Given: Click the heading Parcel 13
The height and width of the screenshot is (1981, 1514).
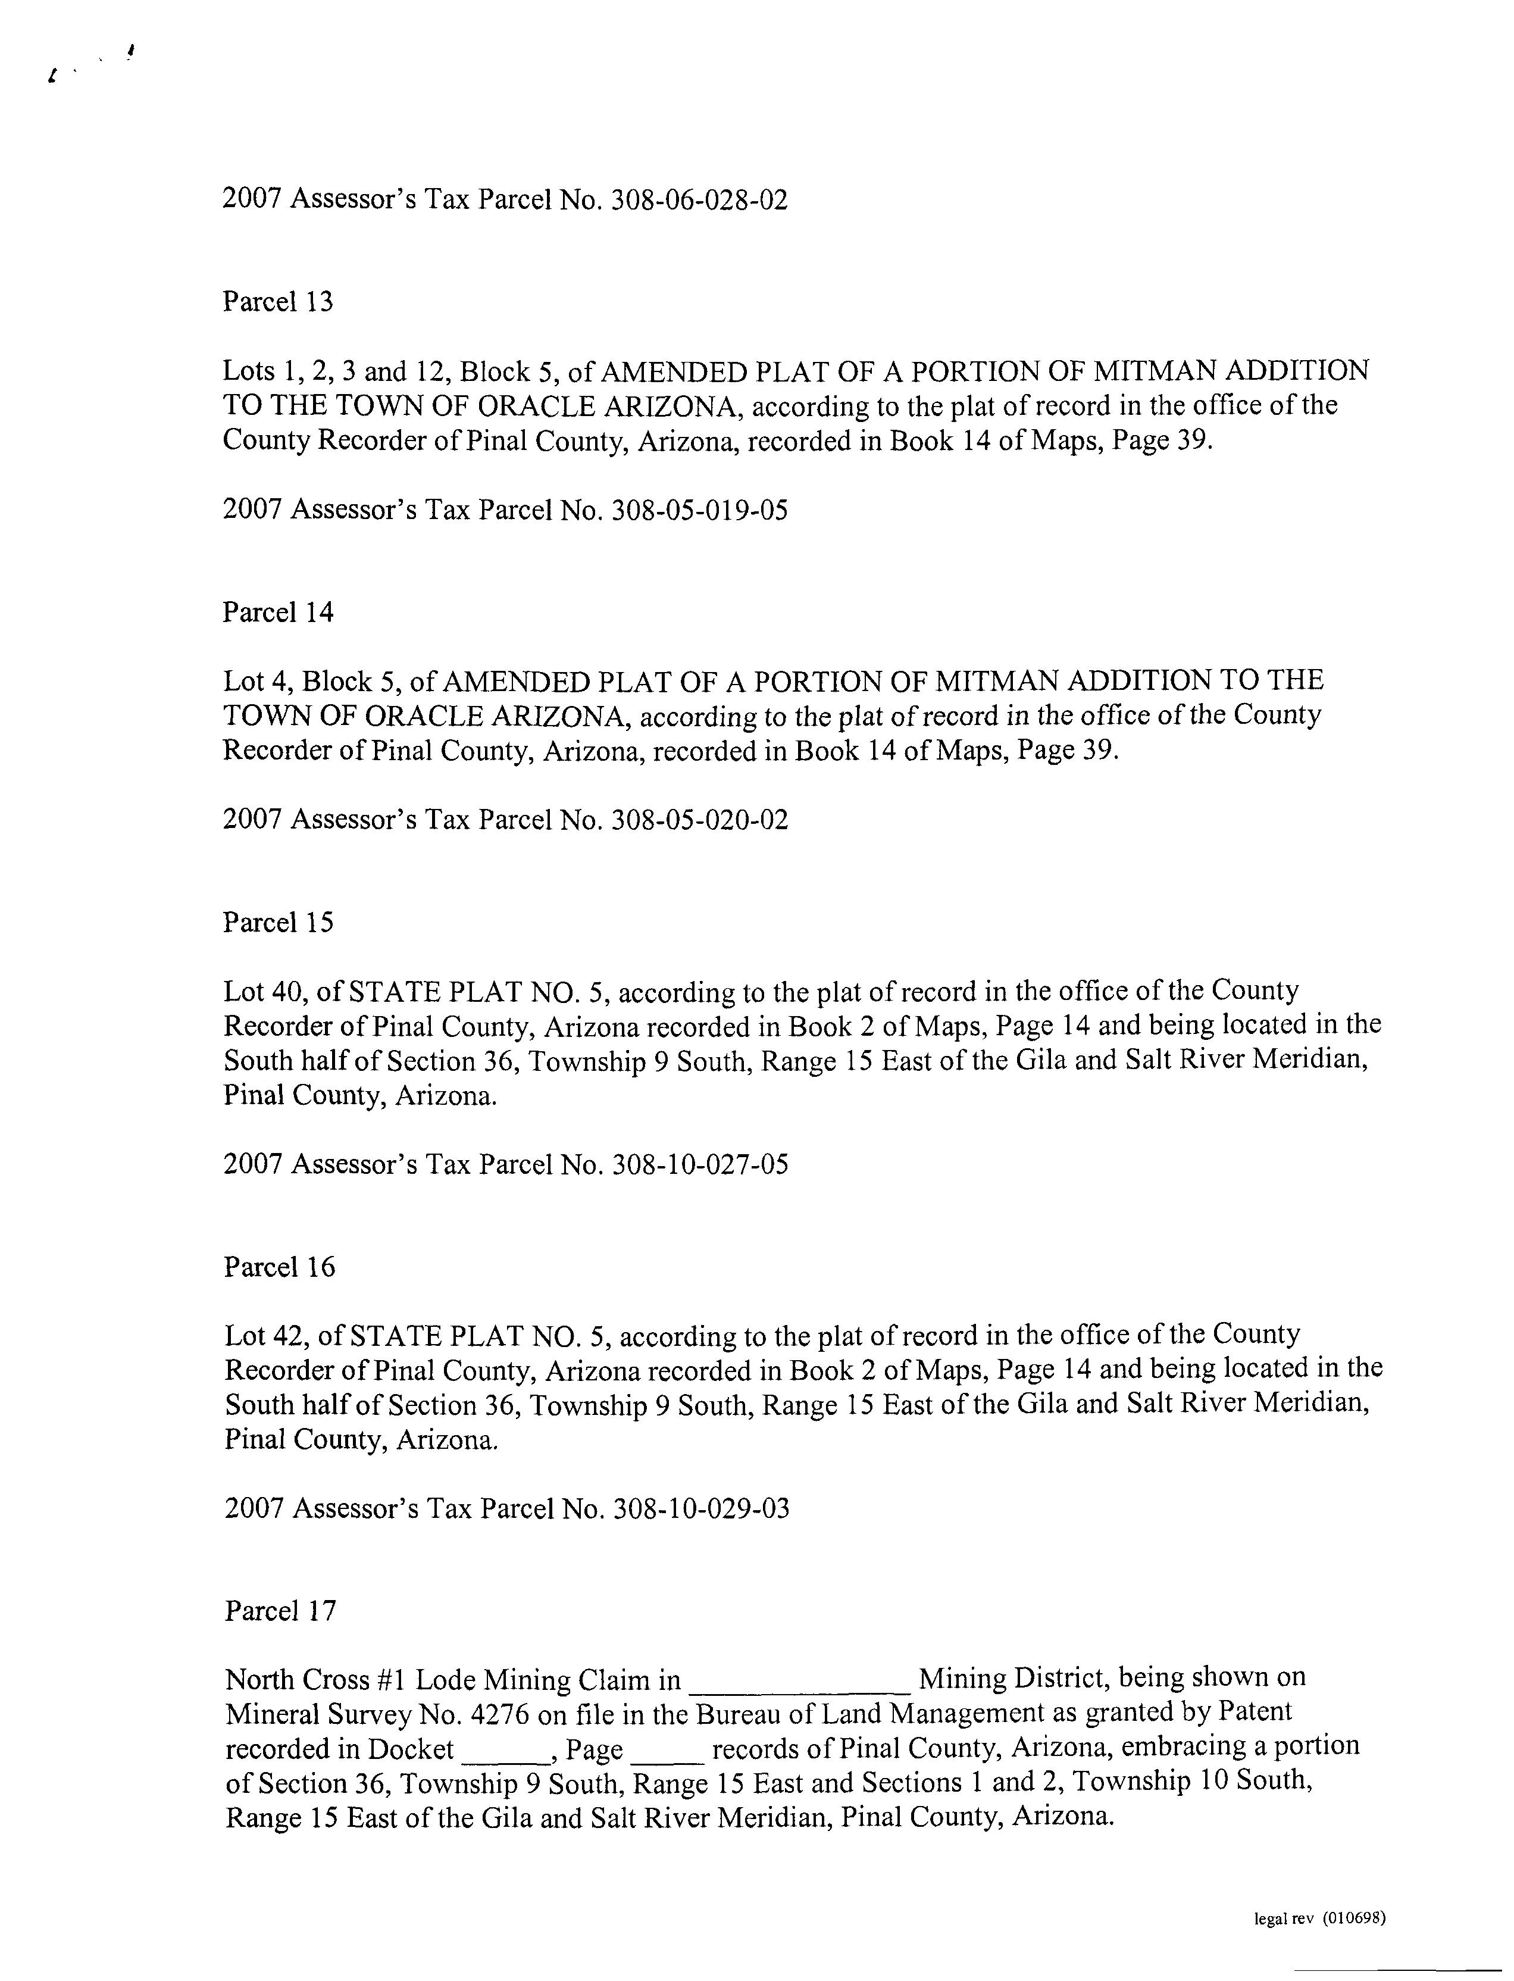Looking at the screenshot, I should coord(277,302).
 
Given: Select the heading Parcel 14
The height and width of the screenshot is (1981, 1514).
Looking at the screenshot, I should coord(277,613).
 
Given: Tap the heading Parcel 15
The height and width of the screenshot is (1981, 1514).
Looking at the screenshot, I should coord(277,923).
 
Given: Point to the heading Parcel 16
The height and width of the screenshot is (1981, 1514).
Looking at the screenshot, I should coord(279,1267).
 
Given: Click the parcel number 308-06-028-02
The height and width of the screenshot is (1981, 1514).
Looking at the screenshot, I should coord(699,200).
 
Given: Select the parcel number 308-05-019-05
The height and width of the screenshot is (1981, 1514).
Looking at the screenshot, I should coord(699,511).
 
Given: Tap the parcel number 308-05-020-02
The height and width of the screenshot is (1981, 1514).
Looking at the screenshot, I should coord(699,820).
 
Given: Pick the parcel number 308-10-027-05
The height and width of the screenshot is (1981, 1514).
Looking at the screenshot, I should coord(699,1166).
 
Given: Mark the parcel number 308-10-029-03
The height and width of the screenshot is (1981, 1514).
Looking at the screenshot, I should coord(700,1509).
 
